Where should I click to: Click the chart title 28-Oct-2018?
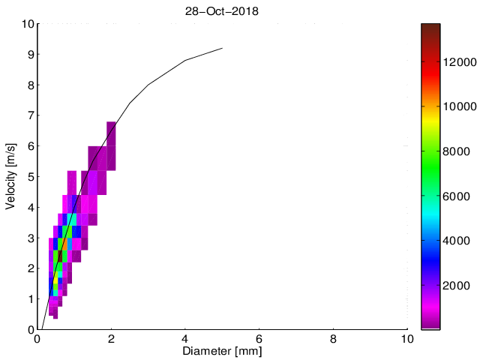coord(223,12)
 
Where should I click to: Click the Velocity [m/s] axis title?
coord(12,176)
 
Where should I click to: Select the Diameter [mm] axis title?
coord(223,350)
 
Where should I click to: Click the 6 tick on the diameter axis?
coord(259,338)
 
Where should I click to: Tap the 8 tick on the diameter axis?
coord(334,338)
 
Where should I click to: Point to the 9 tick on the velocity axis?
coord(29,54)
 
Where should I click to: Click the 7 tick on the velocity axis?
coord(29,115)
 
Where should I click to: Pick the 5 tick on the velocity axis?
coord(29,176)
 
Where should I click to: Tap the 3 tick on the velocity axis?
coord(29,238)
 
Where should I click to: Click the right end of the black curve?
coord(223,48)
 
